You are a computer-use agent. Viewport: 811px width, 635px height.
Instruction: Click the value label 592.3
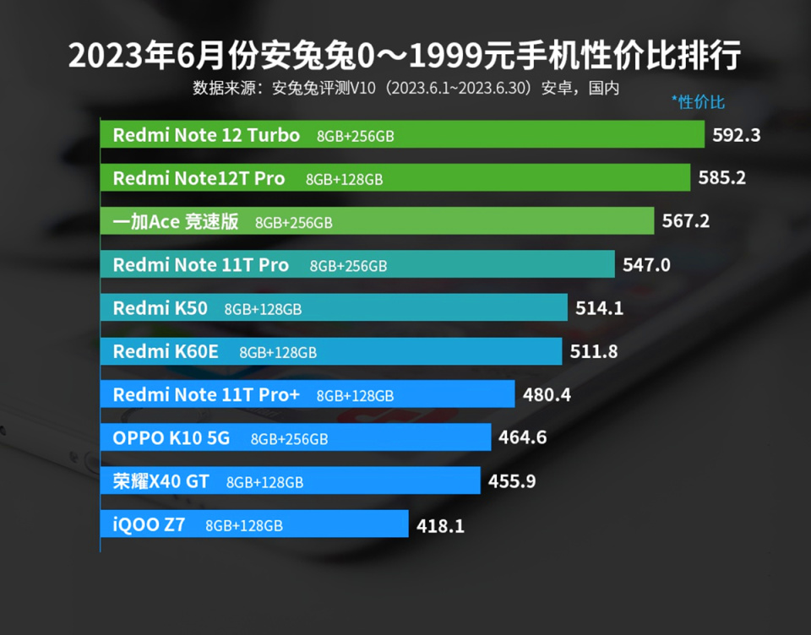click(737, 135)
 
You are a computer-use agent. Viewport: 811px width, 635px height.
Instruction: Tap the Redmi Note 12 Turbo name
click(206, 135)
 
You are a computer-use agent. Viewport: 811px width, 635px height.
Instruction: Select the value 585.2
click(722, 178)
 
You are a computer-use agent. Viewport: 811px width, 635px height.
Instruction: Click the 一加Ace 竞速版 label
click(176, 222)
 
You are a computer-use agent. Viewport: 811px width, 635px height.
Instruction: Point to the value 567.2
click(686, 222)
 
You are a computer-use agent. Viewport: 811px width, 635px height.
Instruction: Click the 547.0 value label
click(646, 265)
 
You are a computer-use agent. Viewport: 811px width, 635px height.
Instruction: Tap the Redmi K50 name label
click(160, 308)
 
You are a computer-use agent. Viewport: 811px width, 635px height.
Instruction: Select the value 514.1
click(599, 308)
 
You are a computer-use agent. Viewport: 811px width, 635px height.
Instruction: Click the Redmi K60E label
click(166, 351)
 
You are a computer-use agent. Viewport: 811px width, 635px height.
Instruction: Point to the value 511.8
click(594, 351)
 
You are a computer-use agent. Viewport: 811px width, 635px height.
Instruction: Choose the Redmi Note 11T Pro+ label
click(206, 394)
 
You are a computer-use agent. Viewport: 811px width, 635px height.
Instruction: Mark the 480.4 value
click(547, 394)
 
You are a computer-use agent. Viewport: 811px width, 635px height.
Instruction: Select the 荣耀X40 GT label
click(161, 481)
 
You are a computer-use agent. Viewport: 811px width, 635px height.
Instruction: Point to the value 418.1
click(440, 525)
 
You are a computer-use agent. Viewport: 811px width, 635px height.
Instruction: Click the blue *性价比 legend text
click(698, 102)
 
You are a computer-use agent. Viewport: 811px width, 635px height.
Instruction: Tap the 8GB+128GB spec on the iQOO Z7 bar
click(244, 525)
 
